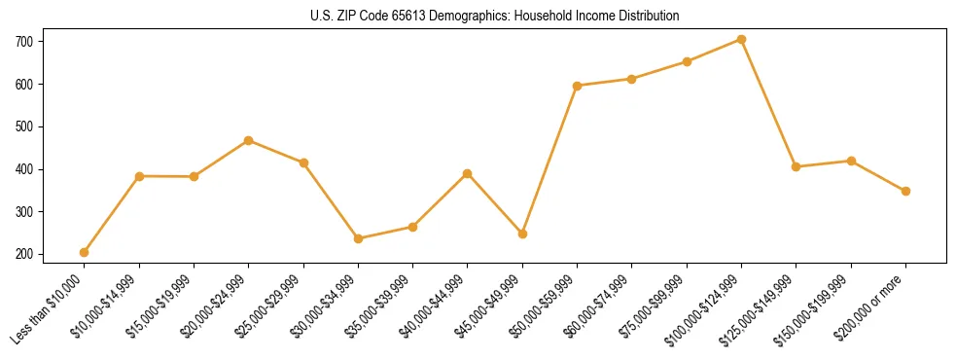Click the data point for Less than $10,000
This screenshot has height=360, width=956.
tap(85, 252)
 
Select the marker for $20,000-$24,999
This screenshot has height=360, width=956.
tap(249, 140)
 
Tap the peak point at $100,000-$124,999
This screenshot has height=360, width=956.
tap(741, 40)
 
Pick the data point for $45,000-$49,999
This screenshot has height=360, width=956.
tap(522, 234)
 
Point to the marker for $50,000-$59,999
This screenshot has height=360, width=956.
tap(578, 86)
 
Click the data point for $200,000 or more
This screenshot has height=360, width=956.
tap(905, 191)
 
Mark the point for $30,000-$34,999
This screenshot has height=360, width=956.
tap(358, 238)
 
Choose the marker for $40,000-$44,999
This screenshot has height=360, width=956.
tap(468, 173)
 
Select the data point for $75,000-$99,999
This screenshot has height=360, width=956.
tap(687, 61)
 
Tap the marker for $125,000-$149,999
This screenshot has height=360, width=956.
tap(796, 166)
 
